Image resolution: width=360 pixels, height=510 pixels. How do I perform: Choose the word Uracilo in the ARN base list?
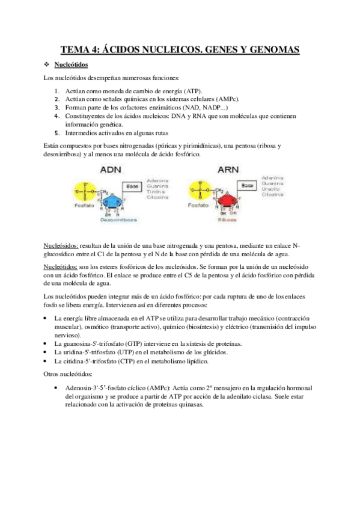click(271, 190)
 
